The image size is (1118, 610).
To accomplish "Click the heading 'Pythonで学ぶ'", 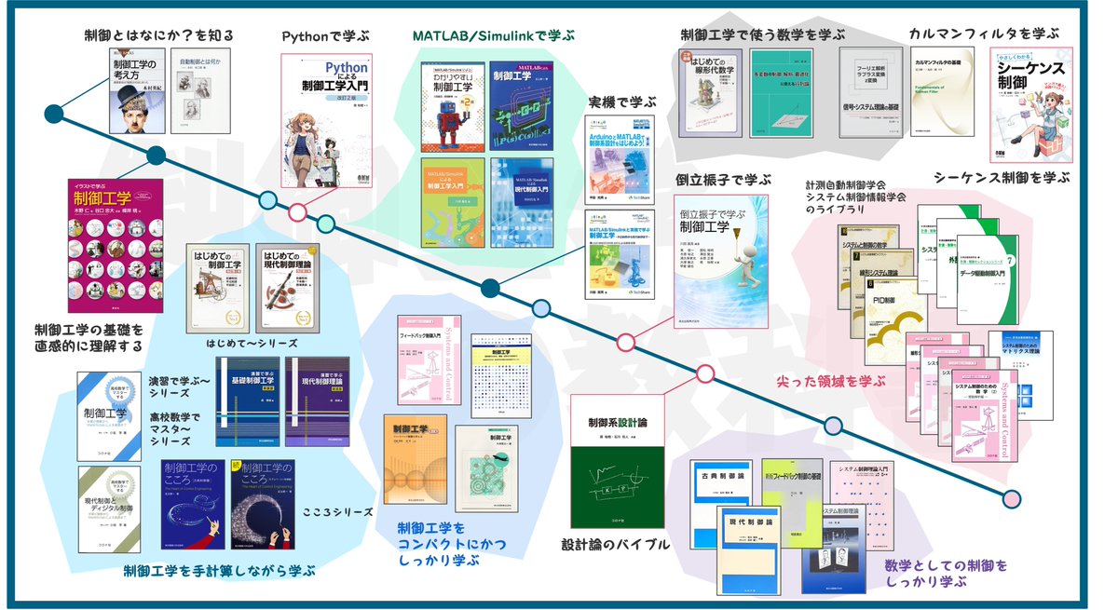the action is tap(325, 36).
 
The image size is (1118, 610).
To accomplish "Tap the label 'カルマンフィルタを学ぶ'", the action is tap(985, 34).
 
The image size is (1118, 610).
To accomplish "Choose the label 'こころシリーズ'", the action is tap(338, 512).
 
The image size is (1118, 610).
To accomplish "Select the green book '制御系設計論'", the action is tap(617, 472).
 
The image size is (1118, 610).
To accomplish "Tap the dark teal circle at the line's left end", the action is tap(54, 114).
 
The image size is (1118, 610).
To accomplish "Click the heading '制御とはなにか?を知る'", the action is tap(156, 36).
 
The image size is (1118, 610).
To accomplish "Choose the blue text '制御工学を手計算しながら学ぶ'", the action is tap(220, 570).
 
